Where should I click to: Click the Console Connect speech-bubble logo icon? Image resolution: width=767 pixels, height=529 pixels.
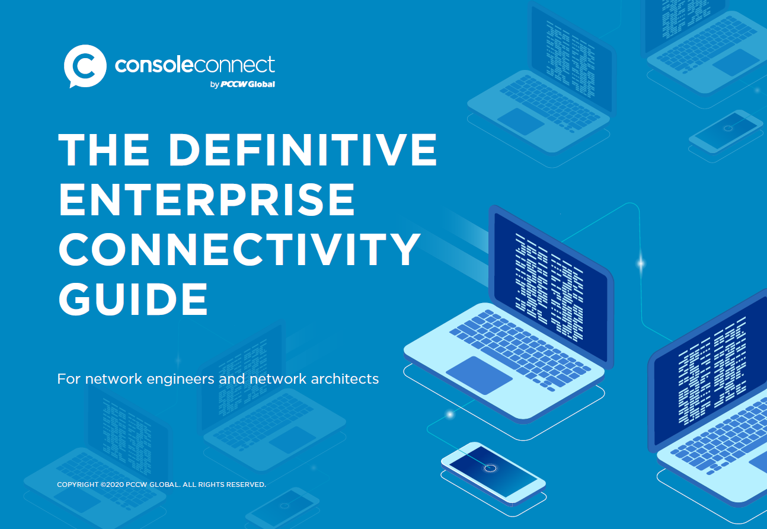click(84, 65)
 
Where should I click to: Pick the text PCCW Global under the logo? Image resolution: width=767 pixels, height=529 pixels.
click(248, 84)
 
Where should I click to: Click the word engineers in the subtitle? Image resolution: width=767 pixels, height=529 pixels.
click(172, 379)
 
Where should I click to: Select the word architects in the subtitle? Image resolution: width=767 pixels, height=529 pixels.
click(344, 379)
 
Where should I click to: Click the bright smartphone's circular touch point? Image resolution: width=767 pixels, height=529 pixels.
click(490, 469)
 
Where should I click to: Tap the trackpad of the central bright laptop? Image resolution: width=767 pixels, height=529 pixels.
click(479, 375)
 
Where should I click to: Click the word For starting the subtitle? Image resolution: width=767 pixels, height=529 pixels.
click(69, 379)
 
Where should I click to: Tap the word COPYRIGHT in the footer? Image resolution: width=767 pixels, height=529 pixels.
click(78, 485)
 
